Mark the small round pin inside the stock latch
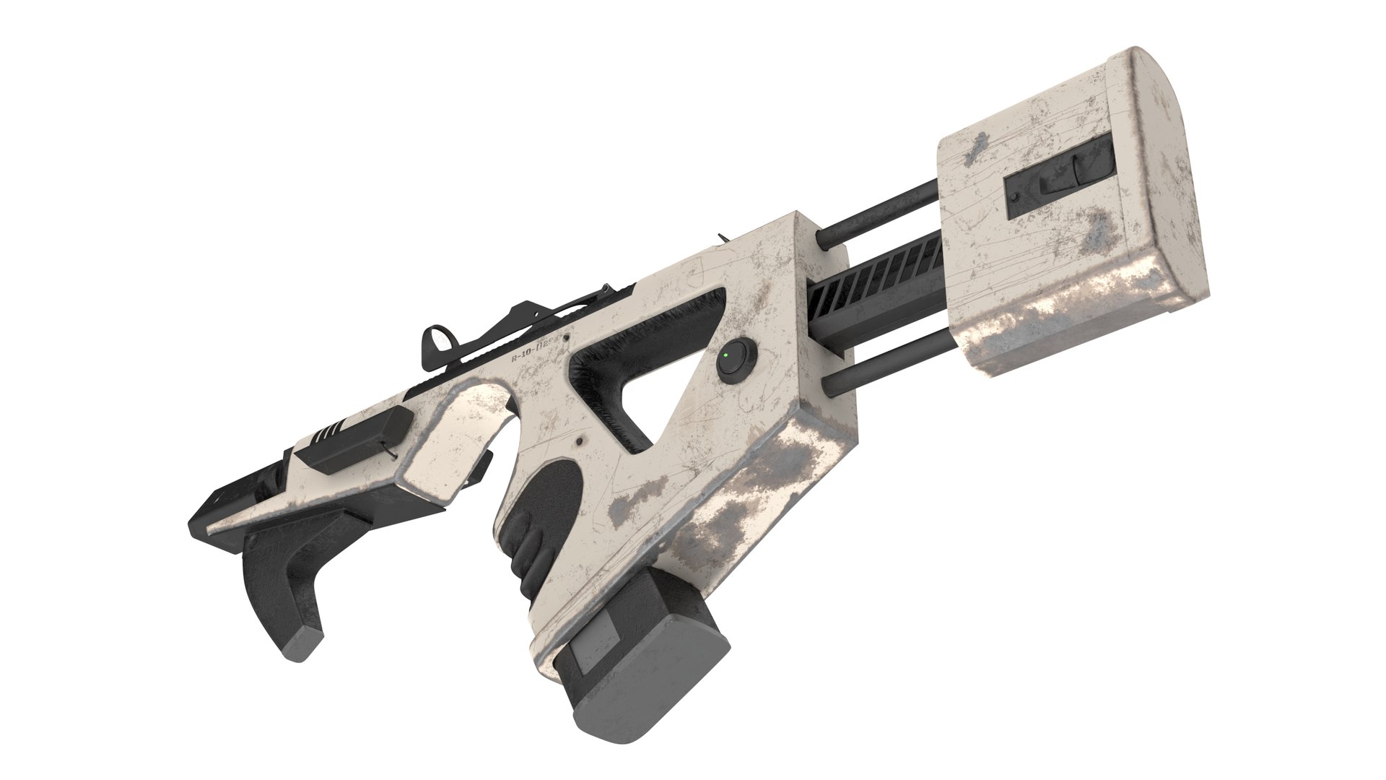1016,196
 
